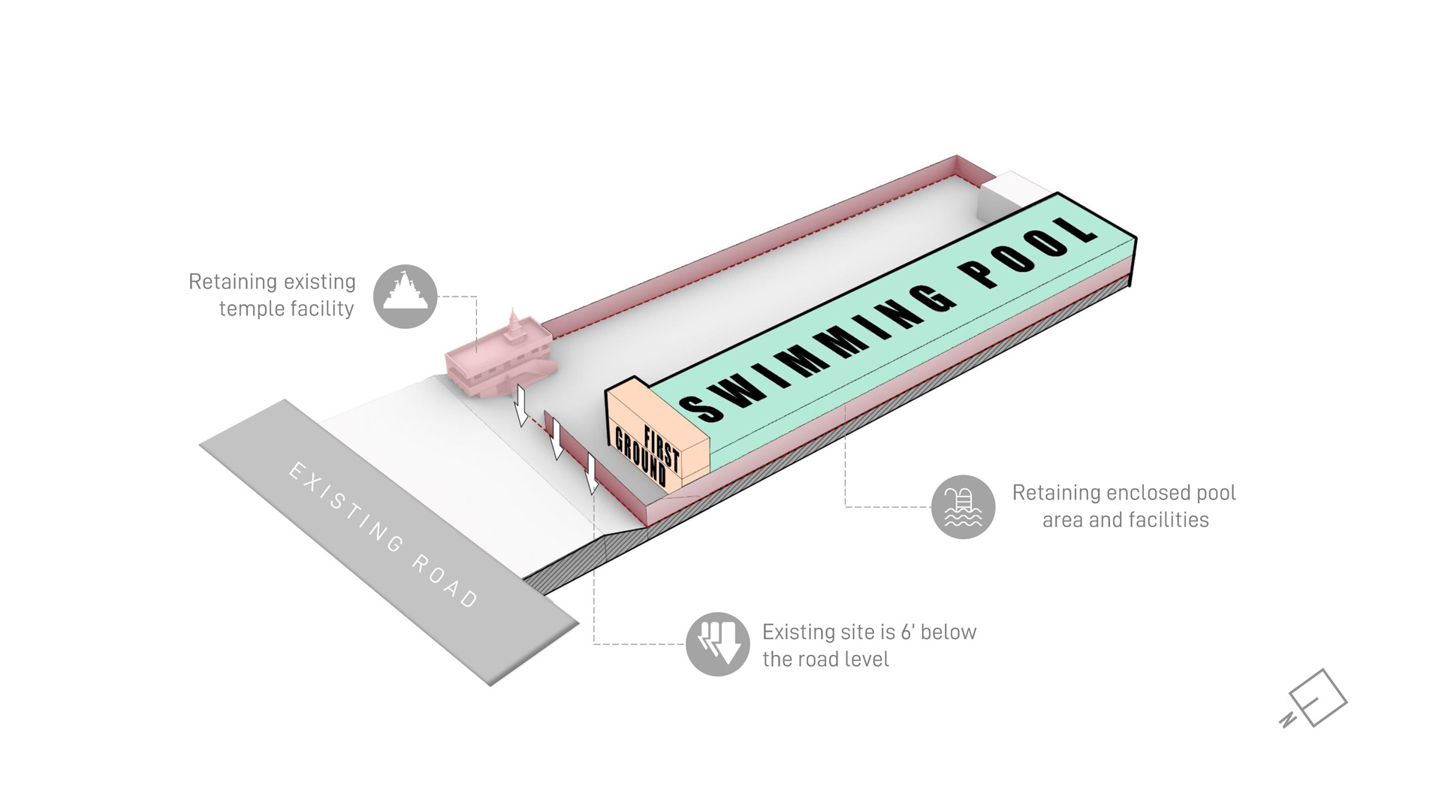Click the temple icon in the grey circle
pos(405,296)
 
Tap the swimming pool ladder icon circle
pos(963,507)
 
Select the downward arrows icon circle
pos(717,644)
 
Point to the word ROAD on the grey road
pos(445,582)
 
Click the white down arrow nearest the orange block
pos(592,473)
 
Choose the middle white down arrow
pos(557,439)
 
